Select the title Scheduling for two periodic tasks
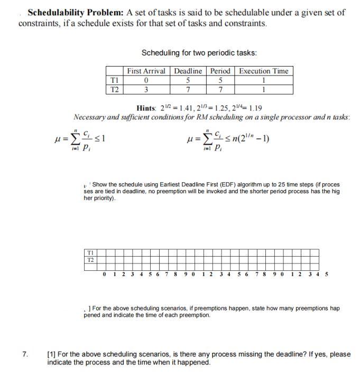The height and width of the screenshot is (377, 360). click(x=199, y=53)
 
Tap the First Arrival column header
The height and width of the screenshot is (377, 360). click(x=146, y=71)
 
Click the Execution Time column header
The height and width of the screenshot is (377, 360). click(x=263, y=71)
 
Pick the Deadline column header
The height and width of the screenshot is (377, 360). click(x=188, y=71)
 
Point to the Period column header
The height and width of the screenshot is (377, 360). click(x=220, y=71)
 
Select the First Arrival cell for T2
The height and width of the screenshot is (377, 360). click(x=146, y=89)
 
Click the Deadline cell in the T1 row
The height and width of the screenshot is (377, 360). click(x=188, y=80)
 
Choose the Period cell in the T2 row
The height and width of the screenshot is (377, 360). click(x=220, y=89)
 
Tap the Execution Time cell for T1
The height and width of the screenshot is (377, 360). click(x=263, y=80)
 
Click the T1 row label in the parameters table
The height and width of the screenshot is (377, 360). click(x=113, y=80)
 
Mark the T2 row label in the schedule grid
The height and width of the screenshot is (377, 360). click(x=90, y=259)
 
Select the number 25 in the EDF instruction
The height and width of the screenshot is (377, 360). click(x=263, y=185)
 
